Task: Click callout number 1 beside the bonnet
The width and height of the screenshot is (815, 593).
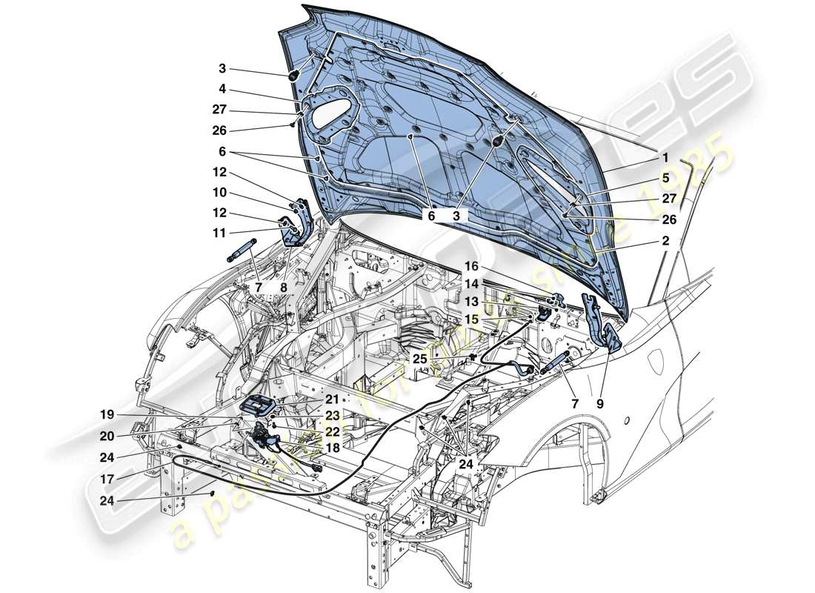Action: point(665,157)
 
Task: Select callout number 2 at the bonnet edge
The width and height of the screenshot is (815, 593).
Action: point(665,241)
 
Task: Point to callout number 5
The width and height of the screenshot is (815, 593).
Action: point(665,178)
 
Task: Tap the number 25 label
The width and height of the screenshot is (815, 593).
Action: point(420,358)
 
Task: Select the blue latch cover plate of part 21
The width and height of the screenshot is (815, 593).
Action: point(259,406)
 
